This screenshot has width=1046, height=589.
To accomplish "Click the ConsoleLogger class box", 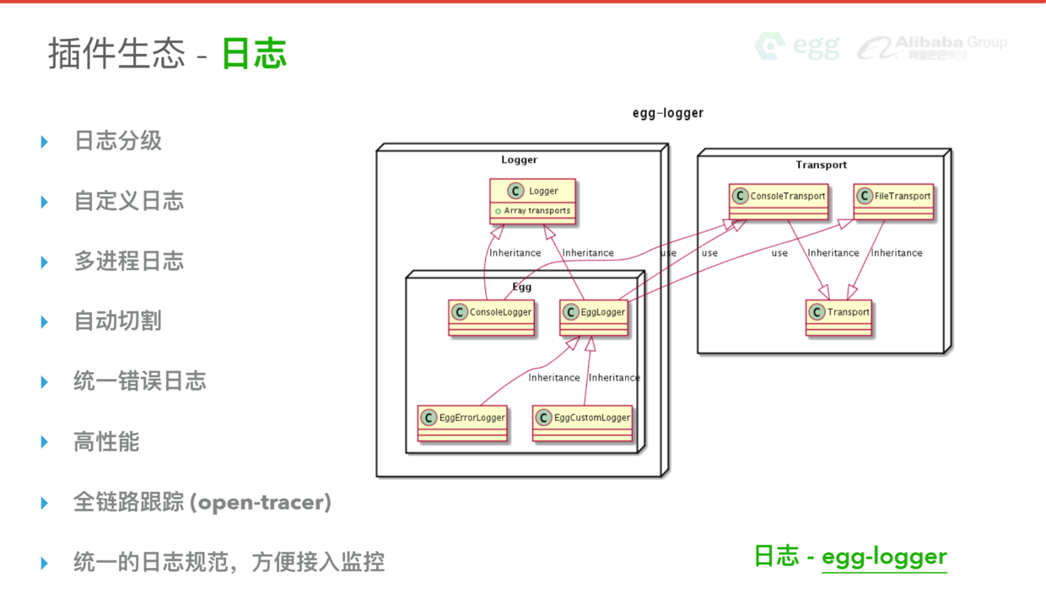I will tap(492, 317).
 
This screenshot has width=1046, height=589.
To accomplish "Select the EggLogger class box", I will tap(594, 317).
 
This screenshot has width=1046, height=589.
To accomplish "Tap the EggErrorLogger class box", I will tap(462, 423).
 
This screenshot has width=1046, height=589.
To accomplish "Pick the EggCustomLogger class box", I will tap(582, 423).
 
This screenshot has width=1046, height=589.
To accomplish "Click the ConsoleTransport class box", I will tap(779, 201).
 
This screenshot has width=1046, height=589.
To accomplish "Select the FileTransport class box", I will tap(893, 201).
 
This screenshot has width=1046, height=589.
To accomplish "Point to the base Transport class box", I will tap(838, 317).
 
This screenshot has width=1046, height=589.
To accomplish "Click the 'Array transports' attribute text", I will tap(536, 211).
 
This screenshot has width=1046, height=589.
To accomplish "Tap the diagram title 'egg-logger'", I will tap(668, 113).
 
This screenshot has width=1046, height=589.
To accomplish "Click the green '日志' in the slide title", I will tap(255, 53).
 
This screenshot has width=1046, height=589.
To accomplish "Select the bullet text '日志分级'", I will tap(117, 141).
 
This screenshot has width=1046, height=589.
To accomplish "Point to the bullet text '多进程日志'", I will tap(128, 262).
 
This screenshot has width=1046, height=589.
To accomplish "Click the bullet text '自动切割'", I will tap(117, 322).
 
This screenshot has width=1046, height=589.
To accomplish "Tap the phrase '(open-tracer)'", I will tap(260, 503).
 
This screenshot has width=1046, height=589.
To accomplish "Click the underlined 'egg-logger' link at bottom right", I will tap(884, 557).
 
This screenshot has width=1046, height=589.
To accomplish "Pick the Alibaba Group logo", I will tap(932, 46).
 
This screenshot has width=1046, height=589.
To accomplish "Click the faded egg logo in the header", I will tap(796, 46).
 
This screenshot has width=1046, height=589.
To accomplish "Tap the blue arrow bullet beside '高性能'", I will tap(45, 442).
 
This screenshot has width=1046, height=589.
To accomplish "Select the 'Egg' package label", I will tap(522, 287).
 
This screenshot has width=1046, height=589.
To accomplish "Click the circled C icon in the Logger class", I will tap(515, 192).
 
